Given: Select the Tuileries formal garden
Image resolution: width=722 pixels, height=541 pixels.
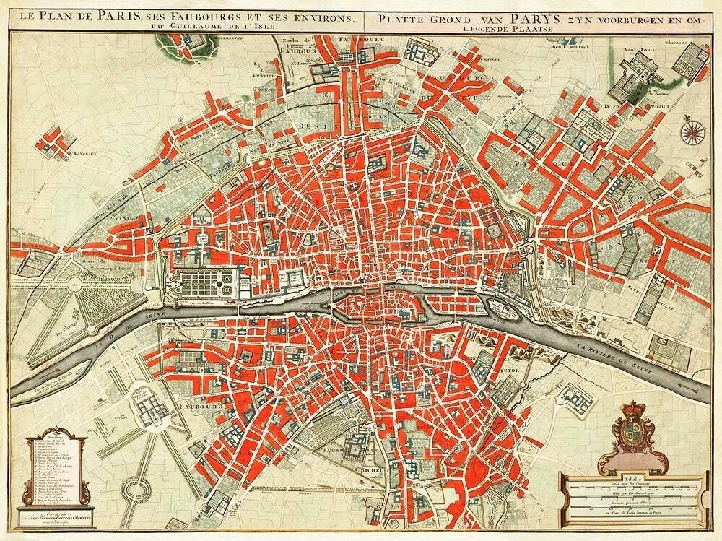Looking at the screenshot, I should [x=205, y=283].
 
